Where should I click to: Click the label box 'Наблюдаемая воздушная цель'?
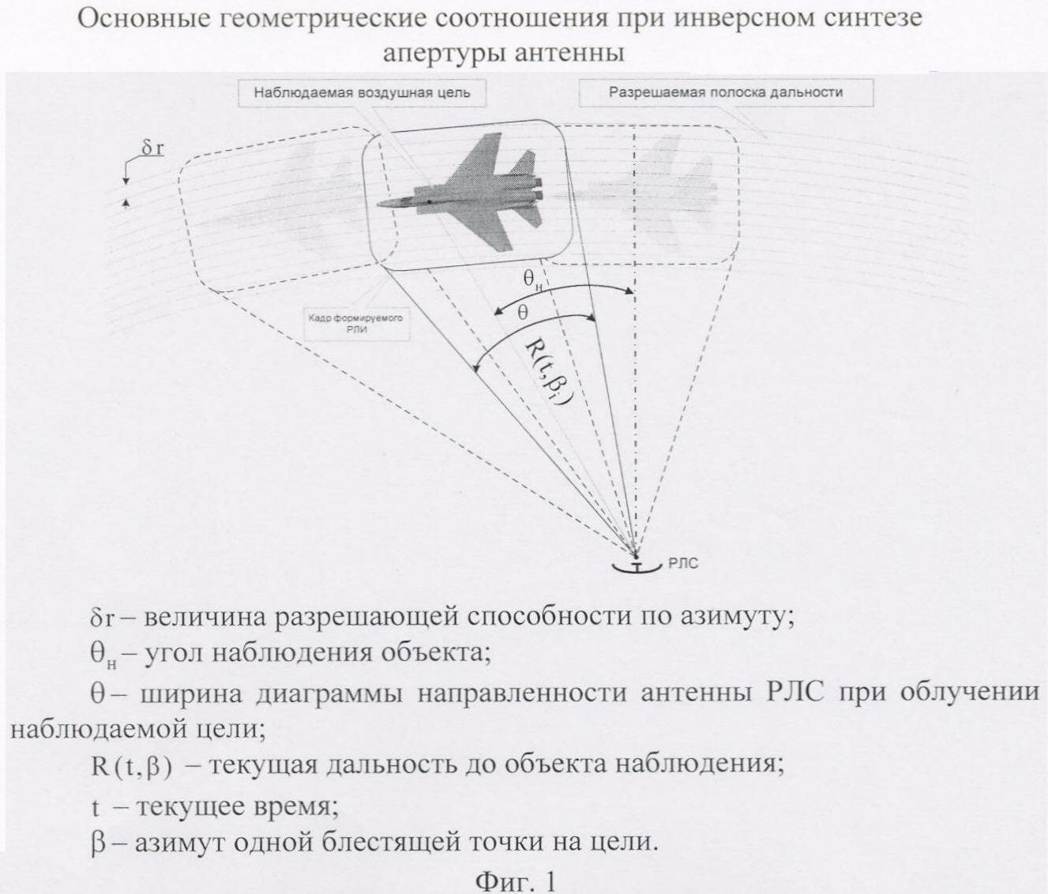pos(362,93)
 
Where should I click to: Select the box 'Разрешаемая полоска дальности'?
pos(726,92)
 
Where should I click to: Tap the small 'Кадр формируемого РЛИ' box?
pos(356,324)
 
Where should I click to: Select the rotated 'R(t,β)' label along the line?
pos(549,372)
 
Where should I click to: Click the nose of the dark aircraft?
pos(378,205)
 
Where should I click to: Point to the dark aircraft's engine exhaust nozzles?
pos(539,188)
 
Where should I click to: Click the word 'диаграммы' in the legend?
pos(329,693)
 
